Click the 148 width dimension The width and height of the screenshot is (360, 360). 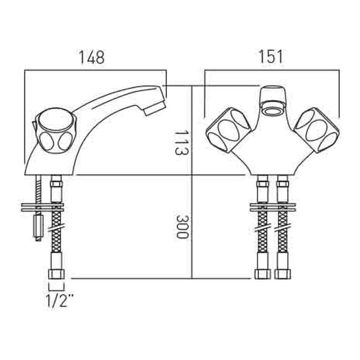[92, 57]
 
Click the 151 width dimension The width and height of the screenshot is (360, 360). [271, 57]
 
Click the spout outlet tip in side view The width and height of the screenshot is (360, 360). [155, 108]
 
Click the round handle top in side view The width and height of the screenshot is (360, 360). [56, 121]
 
